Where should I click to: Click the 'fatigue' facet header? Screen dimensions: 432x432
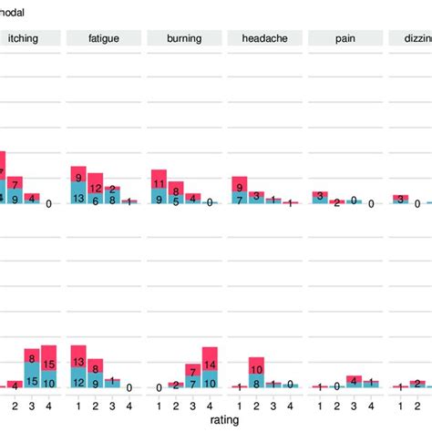[x=103, y=37]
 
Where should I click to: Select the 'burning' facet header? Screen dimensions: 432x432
[x=184, y=37]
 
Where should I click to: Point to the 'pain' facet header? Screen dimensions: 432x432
[x=344, y=37]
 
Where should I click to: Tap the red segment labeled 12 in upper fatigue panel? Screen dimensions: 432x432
[x=95, y=188]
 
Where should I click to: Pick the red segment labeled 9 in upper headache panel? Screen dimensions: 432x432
[x=239, y=185]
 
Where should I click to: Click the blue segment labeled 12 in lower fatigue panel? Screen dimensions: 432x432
[x=78, y=381]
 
